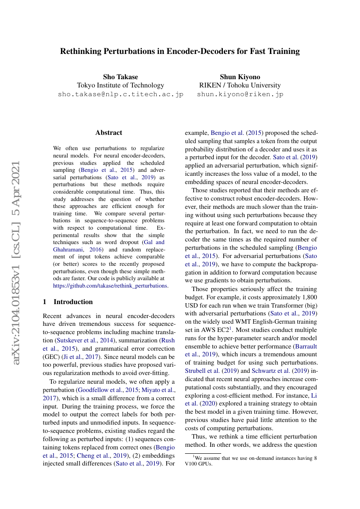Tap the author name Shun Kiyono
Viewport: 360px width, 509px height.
point(240,77)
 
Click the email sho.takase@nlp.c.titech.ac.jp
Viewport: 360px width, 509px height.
point(121,94)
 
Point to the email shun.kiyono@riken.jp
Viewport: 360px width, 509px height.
point(240,94)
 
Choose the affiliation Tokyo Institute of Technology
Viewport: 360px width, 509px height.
point(121,85)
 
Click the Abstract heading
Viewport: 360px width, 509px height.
point(109,133)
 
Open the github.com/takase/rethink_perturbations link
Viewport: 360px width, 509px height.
point(110,286)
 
